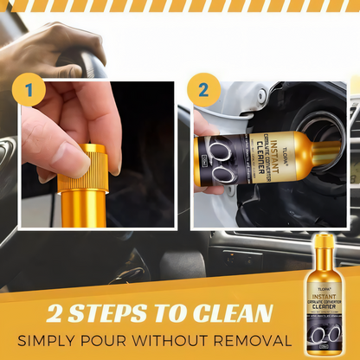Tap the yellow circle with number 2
coord(203,90)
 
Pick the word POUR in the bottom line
coord(135,338)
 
